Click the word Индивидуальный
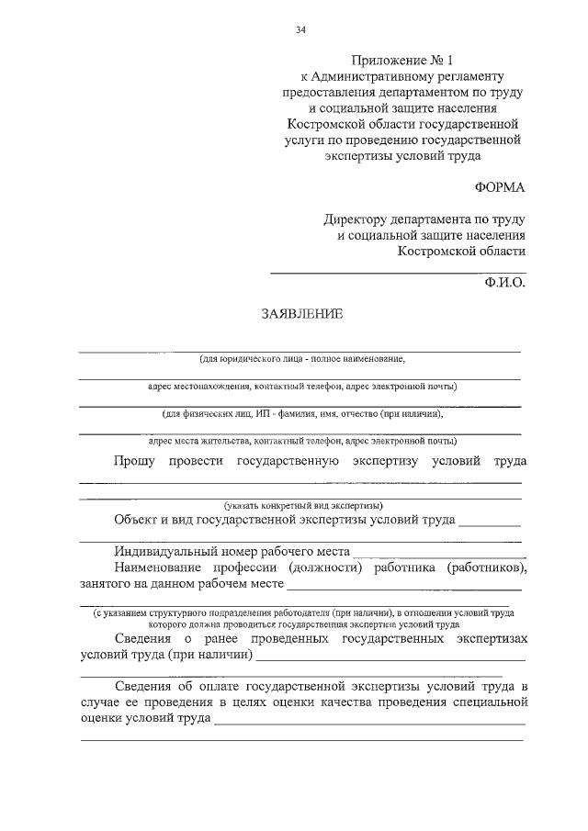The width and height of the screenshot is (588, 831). [164, 552]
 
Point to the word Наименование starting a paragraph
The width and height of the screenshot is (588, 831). [163, 568]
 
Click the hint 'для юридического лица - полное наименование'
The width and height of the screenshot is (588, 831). [302, 358]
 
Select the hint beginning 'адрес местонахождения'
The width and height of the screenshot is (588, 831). [302, 386]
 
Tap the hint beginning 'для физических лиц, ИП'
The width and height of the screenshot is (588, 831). [302, 413]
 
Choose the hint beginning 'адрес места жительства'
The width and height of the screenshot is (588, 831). [302, 440]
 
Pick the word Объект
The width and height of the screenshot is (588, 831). [139, 520]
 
